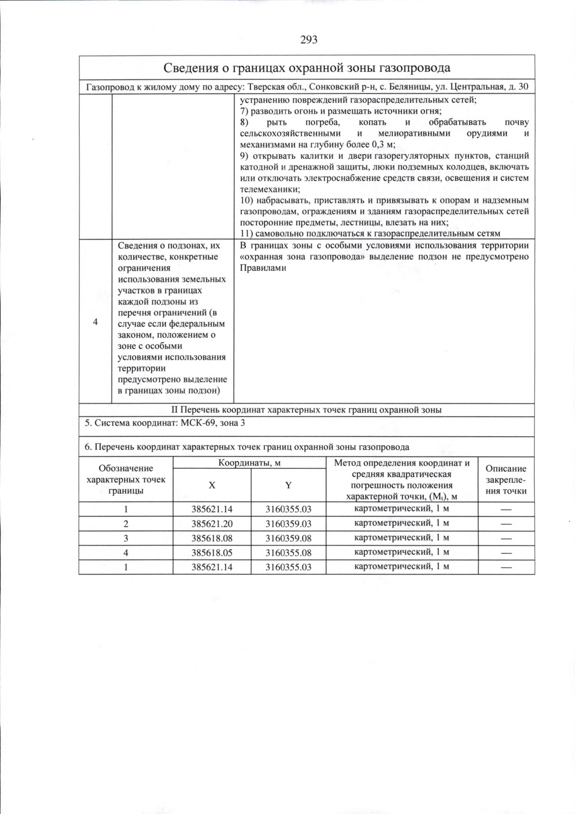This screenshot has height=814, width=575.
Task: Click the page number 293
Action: (x=309, y=40)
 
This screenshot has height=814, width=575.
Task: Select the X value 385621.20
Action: (x=212, y=523)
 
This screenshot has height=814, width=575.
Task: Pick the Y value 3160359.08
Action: (x=288, y=538)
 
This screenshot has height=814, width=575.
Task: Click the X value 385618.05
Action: (x=212, y=552)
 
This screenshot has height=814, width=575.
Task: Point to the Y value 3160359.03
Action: (x=288, y=523)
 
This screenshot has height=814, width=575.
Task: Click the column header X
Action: (x=212, y=485)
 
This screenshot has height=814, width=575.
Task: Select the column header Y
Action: (x=288, y=485)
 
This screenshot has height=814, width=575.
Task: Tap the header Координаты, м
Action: (x=249, y=463)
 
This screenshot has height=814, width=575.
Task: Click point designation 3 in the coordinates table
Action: (x=126, y=538)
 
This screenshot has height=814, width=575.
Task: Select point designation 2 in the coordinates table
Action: (x=126, y=523)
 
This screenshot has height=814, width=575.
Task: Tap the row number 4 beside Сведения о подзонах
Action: (x=95, y=322)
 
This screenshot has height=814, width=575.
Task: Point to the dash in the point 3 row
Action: (x=506, y=538)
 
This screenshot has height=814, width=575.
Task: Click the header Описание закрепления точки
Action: (x=506, y=479)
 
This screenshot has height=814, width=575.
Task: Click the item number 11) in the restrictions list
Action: (x=246, y=233)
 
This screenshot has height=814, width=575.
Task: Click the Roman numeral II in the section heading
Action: (x=175, y=410)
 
